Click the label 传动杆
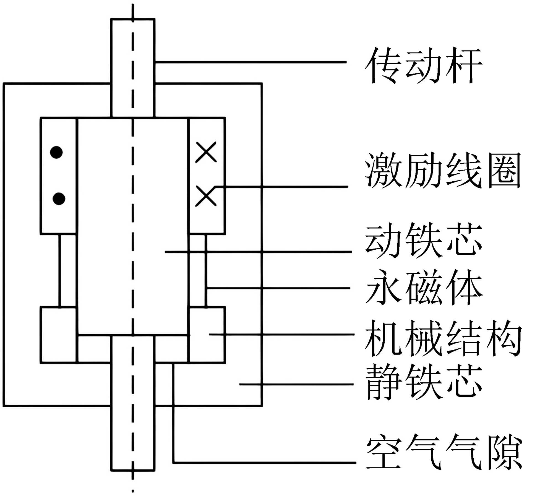click(423, 65)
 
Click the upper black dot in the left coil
click(56, 152)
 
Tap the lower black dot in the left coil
click(59, 199)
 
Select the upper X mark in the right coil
click(206, 152)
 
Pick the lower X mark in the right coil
click(206, 196)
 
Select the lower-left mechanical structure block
click(59, 335)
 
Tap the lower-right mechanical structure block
click(207, 335)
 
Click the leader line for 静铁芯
click(296, 384)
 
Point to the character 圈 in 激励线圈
click(504, 170)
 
